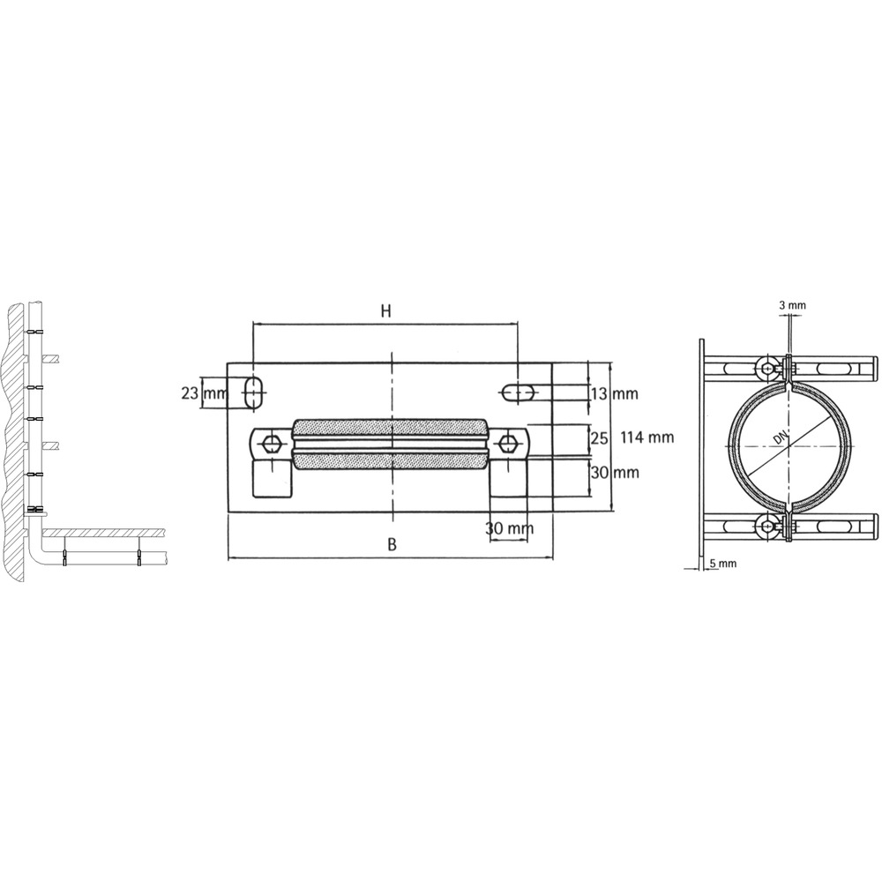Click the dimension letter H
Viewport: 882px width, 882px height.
coord(385,311)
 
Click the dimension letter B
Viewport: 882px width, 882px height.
coord(392,544)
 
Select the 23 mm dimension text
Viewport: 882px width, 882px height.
coord(204,392)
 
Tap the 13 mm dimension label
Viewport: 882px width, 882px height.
coord(614,393)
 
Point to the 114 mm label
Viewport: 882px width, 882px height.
coord(647,437)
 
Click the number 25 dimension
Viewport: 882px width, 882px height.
coord(599,437)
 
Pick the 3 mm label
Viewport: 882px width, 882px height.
coord(792,305)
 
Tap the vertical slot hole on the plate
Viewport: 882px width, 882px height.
coord(255,392)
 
